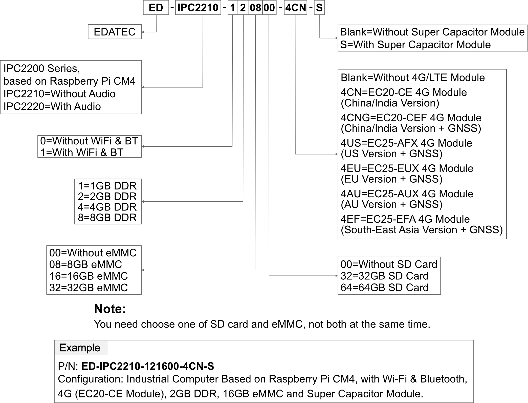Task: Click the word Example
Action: click(80, 348)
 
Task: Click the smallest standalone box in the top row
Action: click(319, 8)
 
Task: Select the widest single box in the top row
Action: click(198, 8)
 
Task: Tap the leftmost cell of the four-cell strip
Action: click(233, 8)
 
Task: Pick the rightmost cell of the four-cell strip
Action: click(269, 8)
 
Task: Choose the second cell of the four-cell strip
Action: click(243, 8)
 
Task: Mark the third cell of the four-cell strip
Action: click(256, 8)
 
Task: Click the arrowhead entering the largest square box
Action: click(337, 154)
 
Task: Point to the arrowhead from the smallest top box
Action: click(337, 38)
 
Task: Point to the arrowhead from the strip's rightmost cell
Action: click(337, 276)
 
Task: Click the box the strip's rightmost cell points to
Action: click(389, 276)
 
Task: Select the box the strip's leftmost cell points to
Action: click(90, 146)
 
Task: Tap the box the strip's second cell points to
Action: click(108, 201)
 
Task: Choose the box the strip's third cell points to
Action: click(94, 270)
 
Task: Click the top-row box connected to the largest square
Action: click(295, 8)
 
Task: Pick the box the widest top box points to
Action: click(71, 87)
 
